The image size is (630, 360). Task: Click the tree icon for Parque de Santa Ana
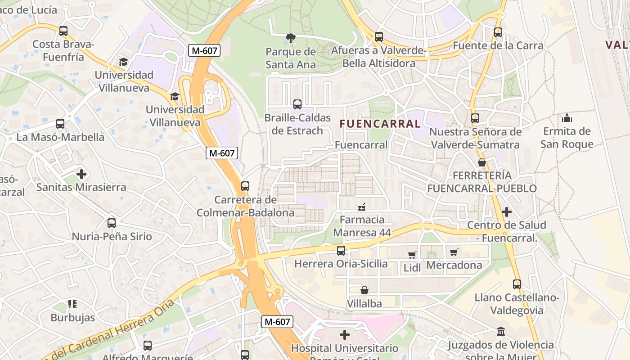pos(291,38)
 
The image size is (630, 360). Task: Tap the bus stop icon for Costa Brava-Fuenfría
pos(63,31)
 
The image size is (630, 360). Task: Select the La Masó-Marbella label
pos(60,137)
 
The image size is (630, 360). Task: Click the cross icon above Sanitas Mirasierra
pos(81,174)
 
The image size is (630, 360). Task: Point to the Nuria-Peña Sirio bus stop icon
pos(112,223)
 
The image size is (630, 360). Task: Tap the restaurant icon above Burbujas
pos(72,304)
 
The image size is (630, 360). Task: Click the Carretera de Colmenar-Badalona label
pos(245,206)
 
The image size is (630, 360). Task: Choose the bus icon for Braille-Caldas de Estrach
pos(297,104)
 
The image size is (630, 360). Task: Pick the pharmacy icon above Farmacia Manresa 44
pos(361,207)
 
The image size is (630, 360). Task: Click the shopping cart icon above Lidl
pos(412,255)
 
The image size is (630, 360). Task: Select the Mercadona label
pos(454,265)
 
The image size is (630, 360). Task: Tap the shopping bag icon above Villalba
pos(364,290)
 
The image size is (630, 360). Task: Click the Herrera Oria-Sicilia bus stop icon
pos(341,250)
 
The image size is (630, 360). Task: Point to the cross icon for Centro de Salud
pos(507,211)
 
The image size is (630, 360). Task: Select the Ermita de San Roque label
pos(567,138)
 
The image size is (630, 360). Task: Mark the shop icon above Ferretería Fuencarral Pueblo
pos(482,162)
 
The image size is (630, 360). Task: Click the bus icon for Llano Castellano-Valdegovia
pos(517,284)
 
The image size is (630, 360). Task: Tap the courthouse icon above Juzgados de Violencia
pos(500,332)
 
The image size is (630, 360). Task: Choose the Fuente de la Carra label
pos(498,45)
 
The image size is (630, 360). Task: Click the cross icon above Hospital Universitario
pos(345,335)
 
